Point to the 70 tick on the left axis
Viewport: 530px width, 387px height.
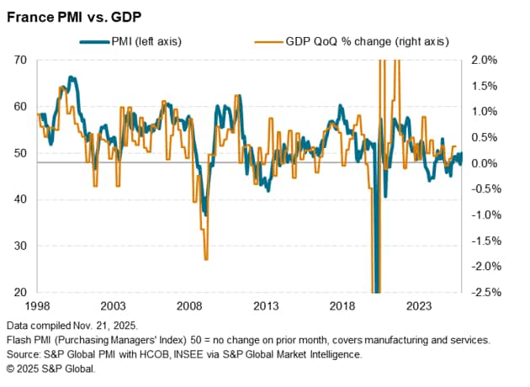click(20, 60)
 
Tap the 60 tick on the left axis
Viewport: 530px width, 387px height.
click(20, 107)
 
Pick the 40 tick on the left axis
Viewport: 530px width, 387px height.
click(20, 199)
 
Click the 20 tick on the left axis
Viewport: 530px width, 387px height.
click(20, 293)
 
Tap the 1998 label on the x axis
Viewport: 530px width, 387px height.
click(37, 306)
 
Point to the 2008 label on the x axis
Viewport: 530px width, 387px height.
click(189, 306)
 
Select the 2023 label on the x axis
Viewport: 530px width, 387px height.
click(418, 306)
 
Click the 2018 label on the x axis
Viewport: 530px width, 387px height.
click(342, 306)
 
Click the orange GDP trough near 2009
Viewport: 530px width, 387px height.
click(205, 258)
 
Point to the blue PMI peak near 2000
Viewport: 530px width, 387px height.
click(72, 78)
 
